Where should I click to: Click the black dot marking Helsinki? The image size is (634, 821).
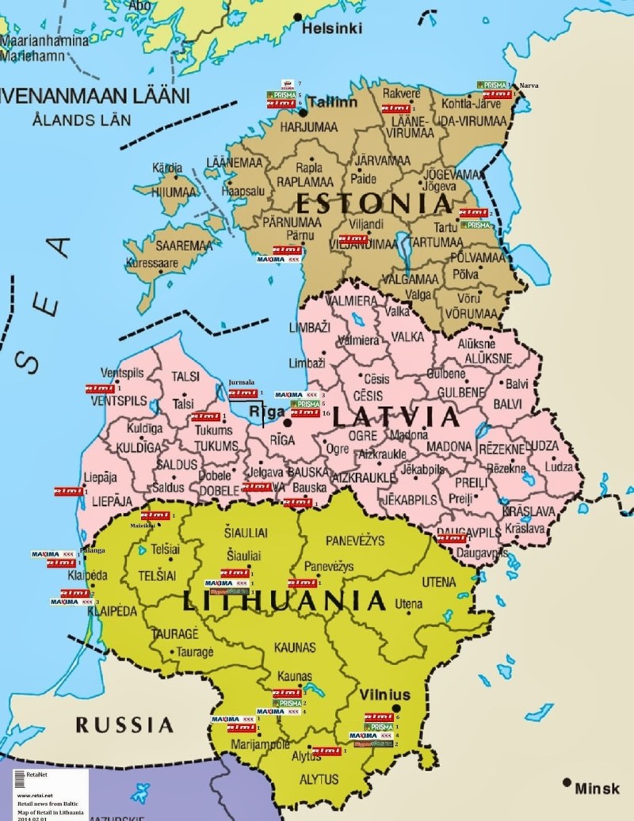coord(298,16)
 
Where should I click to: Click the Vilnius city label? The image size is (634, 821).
coord(384,694)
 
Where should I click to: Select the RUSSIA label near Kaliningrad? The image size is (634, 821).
coord(124,724)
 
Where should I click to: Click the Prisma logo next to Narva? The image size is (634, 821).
coord(491,84)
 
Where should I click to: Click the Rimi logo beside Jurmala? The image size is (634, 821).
coord(243,393)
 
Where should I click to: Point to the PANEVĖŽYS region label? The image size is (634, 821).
coord(355,540)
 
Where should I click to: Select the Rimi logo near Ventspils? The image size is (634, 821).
coord(100,389)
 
